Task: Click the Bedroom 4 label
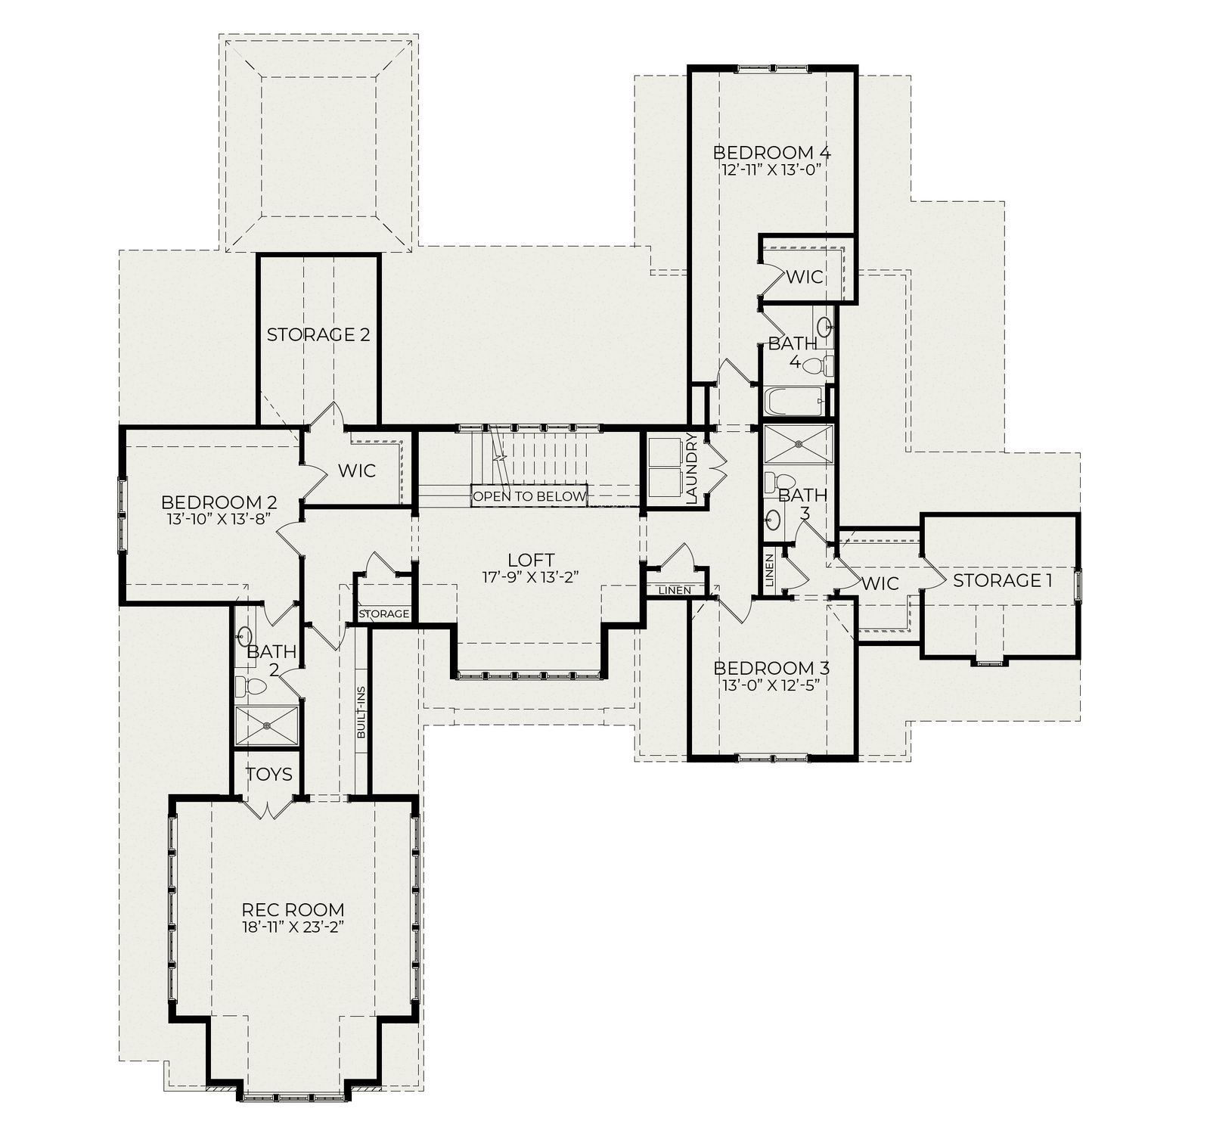[x=771, y=153]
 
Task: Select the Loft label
[x=531, y=561]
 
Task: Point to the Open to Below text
[x=529, y=497]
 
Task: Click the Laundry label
[x=692, y=468]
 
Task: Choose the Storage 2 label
[x=318, y=334]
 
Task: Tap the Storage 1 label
[x=1003, y=581]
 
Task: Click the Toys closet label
[x=269, y=774]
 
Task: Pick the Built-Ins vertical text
[x=361, y=712]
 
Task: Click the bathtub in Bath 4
[x=794, y=401]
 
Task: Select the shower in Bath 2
[x=266, y=725]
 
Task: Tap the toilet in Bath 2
[x=251, y=687]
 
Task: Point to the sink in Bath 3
[x=772, y=519]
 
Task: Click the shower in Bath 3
[x=798, y=444]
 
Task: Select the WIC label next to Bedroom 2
[x=356, y=471]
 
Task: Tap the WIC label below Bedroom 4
[x=805, y=277]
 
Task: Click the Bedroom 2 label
[x=219, y=502]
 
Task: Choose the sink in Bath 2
[x=244, y=636]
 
